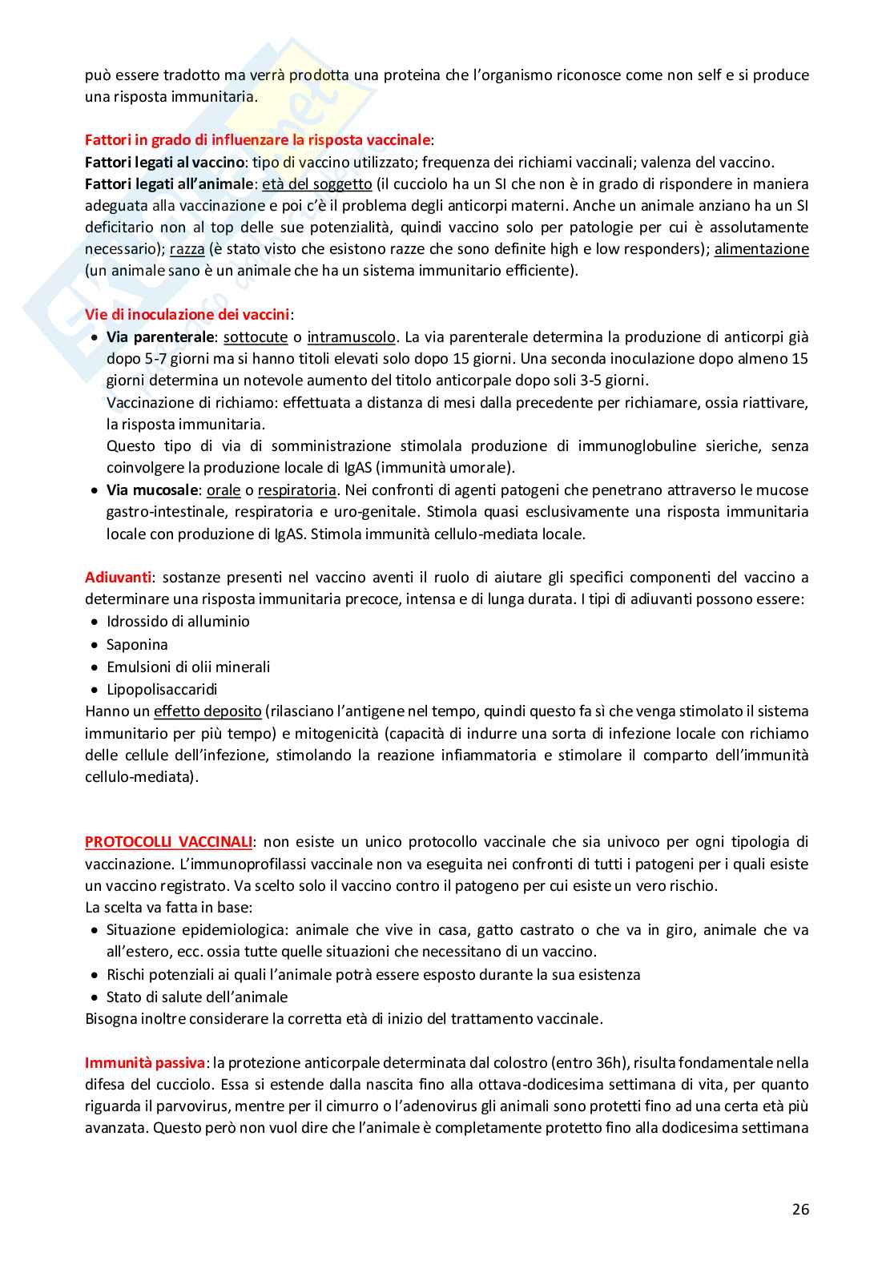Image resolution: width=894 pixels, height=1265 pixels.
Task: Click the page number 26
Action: (800, 1210)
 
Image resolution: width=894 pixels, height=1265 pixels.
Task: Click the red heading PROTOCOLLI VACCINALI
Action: (168, 842)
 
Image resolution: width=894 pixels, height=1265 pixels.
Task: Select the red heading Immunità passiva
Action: (144, 1063)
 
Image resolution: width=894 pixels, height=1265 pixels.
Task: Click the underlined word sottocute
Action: (255, 337)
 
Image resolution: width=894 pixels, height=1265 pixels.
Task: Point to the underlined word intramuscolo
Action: (351, 337)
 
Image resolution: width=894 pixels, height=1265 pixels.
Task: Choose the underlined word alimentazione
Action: (761, 249)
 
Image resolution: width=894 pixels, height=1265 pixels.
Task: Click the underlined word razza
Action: (187, 249)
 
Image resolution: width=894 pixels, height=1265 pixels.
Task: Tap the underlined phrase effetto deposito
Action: (207, 711)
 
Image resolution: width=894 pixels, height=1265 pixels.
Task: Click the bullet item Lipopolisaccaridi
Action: (162, 689)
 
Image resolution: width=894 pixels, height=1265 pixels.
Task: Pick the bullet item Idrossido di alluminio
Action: (178, 622)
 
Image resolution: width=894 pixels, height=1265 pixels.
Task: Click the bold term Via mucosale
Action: (152, 490)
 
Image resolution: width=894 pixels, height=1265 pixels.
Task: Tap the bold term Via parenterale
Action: (160, 337)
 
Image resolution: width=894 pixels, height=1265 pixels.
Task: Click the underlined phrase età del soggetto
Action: (317, 184)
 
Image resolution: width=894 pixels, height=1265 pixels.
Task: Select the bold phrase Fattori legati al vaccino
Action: (164, 162)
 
